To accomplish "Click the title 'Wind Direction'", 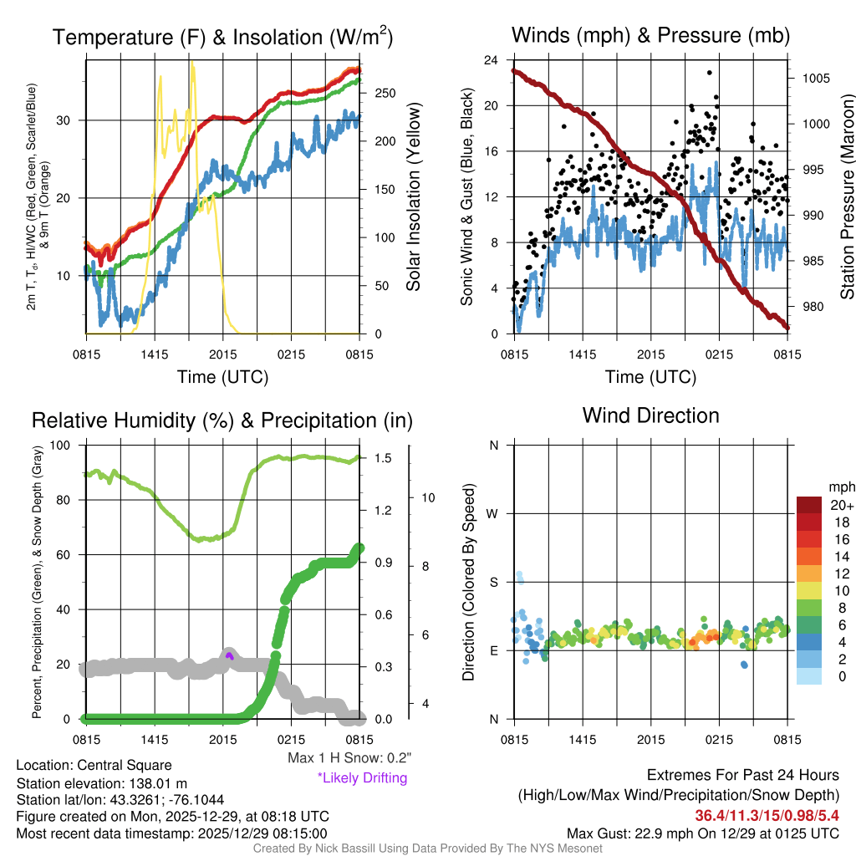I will tap(650, 415).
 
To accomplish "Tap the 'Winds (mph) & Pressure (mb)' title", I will tap(650, 36).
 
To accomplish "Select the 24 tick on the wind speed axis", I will tap(492, 60).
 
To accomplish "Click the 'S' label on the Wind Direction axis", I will tap(493, 582).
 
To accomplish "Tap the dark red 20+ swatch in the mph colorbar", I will tap(810, 506).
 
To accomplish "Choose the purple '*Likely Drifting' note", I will tap(362, 777).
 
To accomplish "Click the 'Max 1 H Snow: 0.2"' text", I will tap(349, 758).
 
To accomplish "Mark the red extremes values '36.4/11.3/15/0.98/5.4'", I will tap(767, 815).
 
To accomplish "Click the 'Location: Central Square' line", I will tap(94, 765).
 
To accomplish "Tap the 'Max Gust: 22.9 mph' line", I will tap(702, 833).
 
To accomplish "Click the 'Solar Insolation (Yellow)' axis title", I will tap(413, 197).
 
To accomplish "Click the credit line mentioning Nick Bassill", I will tap(427, 848).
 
